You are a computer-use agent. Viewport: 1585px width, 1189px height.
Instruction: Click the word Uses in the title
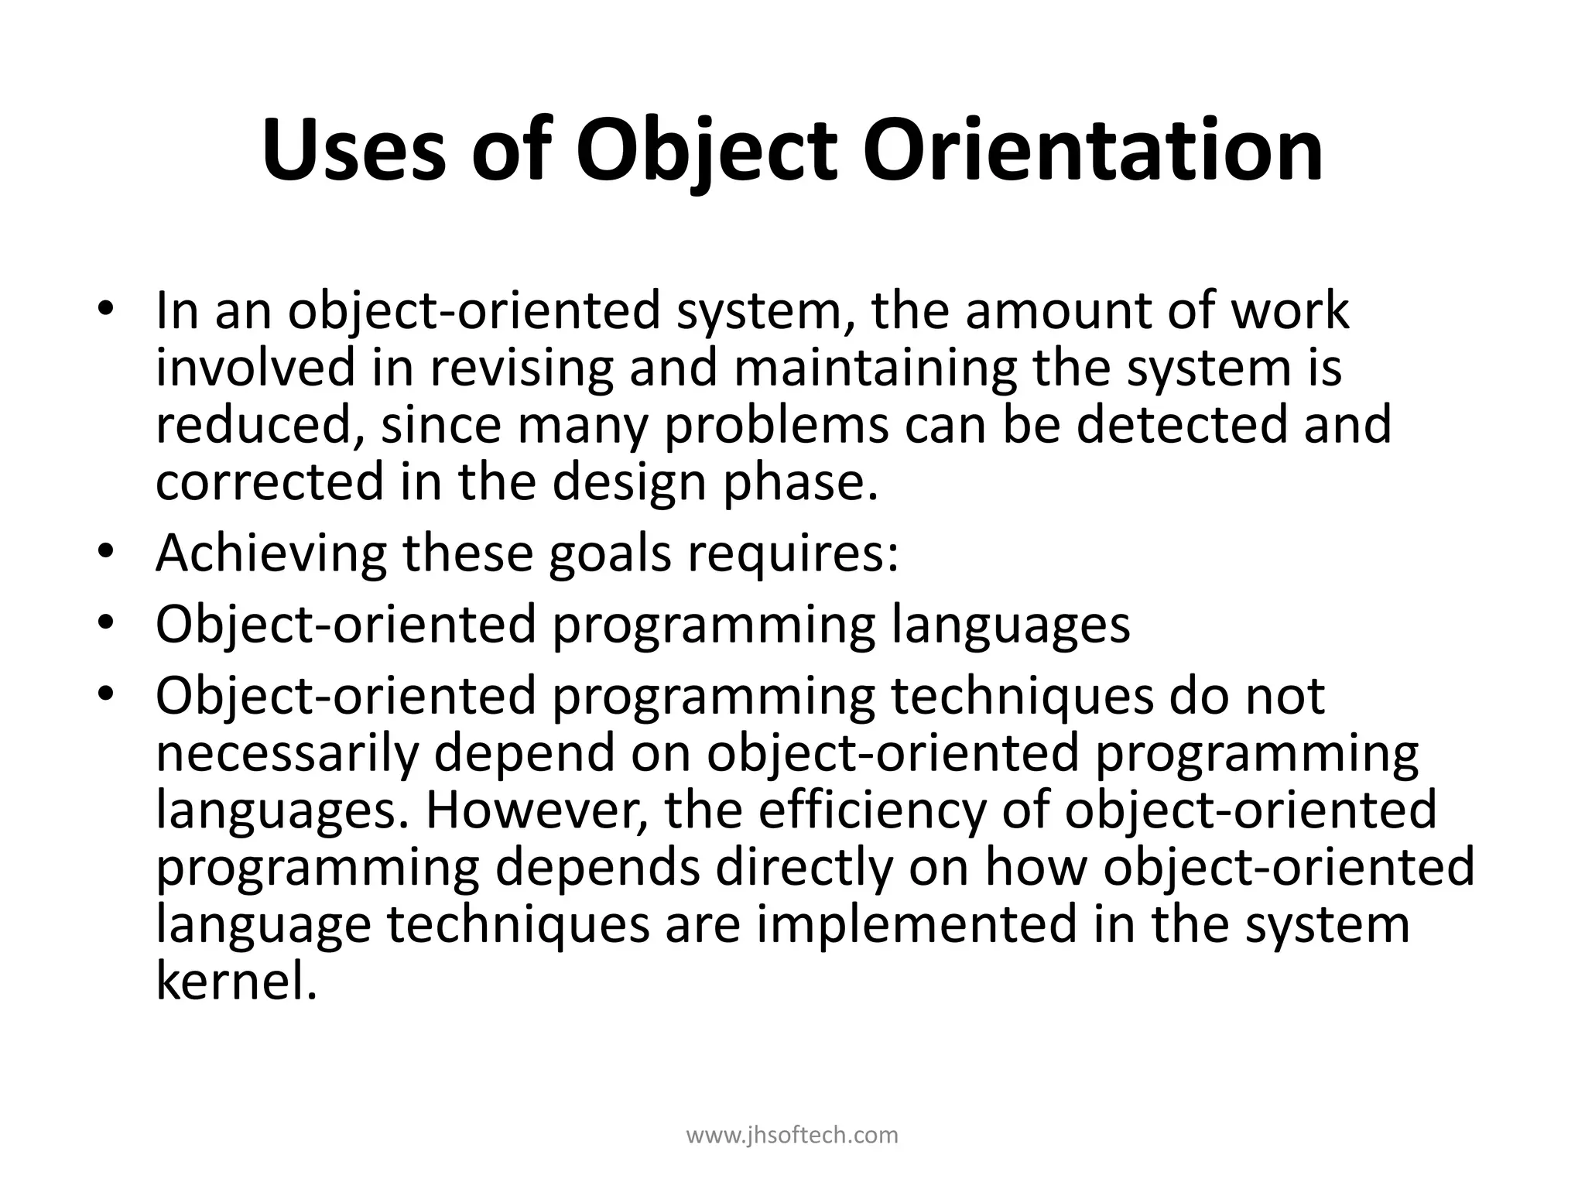[x=354, y=149]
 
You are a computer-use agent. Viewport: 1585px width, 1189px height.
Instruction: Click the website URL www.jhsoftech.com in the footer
[x=792, y=1136]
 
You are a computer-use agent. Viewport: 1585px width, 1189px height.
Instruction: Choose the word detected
[x=1181, y=425]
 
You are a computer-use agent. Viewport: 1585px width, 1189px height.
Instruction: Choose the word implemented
[x=917, y=924]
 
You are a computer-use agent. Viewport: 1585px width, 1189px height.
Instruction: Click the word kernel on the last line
[x=237, y=982]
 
